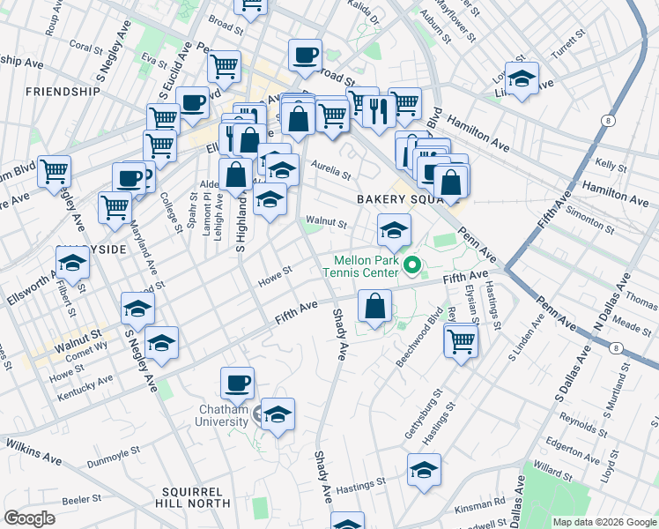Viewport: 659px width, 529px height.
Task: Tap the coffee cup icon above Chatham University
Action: pyautogui.click(x=237, y=382)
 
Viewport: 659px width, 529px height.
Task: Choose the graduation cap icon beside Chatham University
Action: pyautogui.click(x=278, y=414)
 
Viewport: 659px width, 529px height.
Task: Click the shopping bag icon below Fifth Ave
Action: pyautogui.click(x=374, y=307)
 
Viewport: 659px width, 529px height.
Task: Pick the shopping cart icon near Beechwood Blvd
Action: pyautogui.click(x=461, y=339)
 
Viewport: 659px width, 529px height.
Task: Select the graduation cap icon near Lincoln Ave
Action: pyautogui.click(x=522, y=79)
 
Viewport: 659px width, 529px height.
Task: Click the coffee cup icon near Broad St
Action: pyautogui.click(x=305, y=55)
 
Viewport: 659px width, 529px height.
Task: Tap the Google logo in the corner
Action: pyautogui.click(x=30, y=518)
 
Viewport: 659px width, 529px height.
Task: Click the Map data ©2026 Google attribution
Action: pyautogui.click(x=603, y=522)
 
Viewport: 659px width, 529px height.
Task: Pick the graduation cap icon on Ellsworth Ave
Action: pyautogui.click(x=72, y=263)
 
